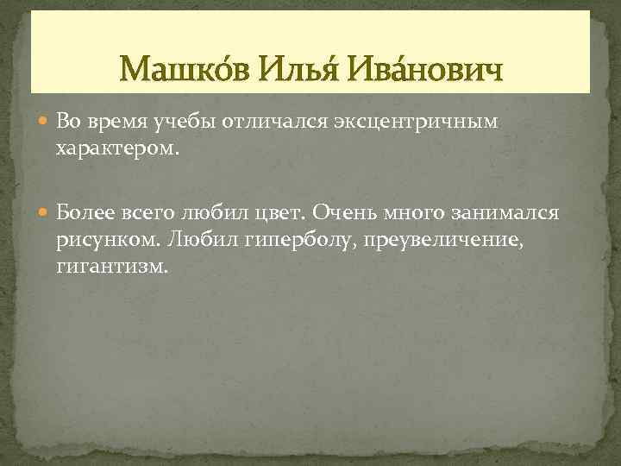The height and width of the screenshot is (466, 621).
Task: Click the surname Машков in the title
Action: [x=185, y=66]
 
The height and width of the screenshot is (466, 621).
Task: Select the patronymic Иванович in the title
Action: [x=426, y=66]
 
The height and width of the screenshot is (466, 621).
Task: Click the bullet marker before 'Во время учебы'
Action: [x=46, y=123]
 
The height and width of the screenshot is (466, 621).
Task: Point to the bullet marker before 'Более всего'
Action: [x=46, y=212]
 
